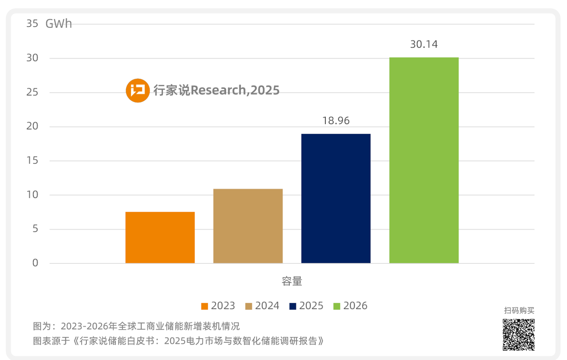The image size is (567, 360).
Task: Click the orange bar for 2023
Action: click(x=160, y=237)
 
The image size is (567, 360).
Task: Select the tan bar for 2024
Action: click(x=248, y=226)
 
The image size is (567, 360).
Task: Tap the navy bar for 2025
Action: click(x=336, y=198)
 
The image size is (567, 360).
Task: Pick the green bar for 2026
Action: click(x=424, y=160)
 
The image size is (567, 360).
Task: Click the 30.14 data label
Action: click(x=424, y=44)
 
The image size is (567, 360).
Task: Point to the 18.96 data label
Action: click(x=336, y=121)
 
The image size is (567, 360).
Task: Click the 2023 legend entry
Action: click(x=218, y=306)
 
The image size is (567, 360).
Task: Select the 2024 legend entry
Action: click(x=262, y=306)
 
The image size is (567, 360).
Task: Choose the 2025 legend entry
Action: click(x=306, y=306)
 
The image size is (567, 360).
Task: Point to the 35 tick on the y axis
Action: click(x=32, y=24)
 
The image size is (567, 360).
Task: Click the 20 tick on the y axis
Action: click(x=32, y=127)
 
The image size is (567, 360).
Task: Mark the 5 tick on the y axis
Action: click(x=35, y=229)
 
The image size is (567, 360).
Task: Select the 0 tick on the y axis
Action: click(x=35, y=263)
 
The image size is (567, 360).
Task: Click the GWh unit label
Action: click(x=59, y=24)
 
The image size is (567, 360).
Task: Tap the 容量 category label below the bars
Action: click(x=292, y=281)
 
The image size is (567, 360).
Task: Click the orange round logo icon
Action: click(x=138, y=91)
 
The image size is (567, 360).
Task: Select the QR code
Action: click(x=518, y=334)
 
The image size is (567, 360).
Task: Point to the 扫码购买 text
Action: click(x=519, y=311)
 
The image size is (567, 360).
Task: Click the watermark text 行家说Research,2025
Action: click(x=216, y=91)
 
